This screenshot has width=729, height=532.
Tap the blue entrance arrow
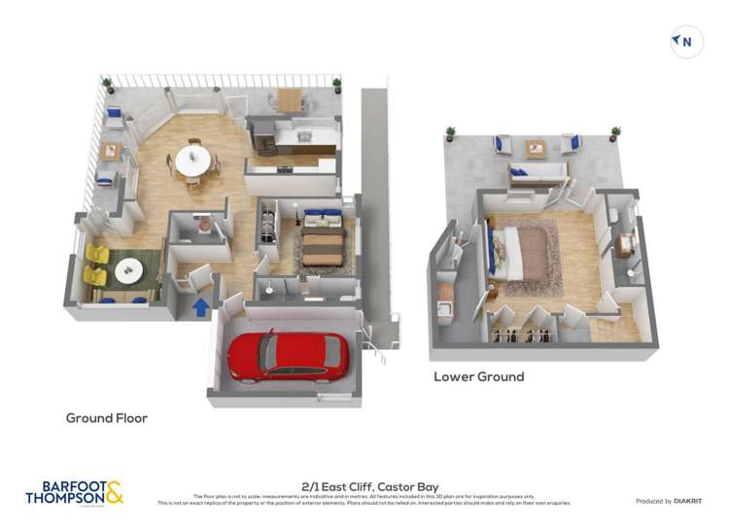[x=200, y=308]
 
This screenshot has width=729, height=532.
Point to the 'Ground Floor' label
[x=106, y=418]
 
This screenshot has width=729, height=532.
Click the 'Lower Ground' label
[x=478, y=376]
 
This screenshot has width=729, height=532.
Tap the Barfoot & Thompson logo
[x=75, y=492]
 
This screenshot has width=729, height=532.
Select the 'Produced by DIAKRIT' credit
[x=669, y=501]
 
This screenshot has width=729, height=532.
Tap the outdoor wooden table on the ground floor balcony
[x=290, y=98]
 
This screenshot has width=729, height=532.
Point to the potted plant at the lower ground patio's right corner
[x=614, y=133]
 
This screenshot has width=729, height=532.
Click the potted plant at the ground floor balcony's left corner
[x=108, y=85]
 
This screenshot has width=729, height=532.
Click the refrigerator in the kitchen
[x=262, y=139]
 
